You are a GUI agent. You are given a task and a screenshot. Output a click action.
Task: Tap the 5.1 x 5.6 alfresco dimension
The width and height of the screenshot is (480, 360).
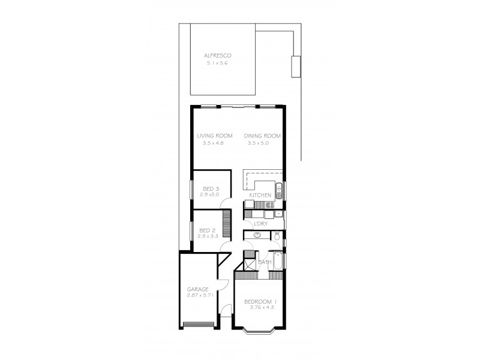[x=217, y=62]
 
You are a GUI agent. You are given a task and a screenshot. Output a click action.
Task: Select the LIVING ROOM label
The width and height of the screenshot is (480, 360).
[x=215, y=136]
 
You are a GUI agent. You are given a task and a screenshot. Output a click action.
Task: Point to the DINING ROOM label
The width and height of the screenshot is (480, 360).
[x=262, y=136]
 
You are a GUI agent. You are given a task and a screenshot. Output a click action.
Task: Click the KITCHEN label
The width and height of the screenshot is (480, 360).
[x=260, y=196]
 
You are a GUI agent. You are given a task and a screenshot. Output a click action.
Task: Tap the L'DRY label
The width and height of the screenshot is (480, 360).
[x=260, y=224]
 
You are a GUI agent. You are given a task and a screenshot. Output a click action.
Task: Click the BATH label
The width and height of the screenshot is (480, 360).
[x=264, y=262]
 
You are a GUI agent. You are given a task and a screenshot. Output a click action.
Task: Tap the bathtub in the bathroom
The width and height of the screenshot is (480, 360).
[x=278, y=262]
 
